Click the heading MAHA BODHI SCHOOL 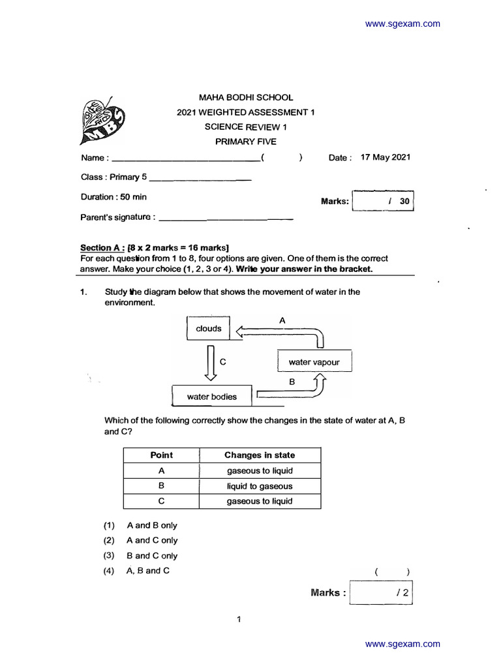click(245, 97)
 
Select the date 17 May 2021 click(385, 157)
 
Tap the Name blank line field click(185, 159)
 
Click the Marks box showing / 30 click(383, 202)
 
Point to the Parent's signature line click(226, 218)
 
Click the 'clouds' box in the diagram click(209, 329)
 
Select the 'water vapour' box click(314, 362)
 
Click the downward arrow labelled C click(211, 363)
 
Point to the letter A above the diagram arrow click(282, 320)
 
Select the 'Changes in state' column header click(260, 455)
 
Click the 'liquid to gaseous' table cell click(260, 486)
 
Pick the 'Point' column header click(162, 455)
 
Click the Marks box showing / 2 click(382, 593)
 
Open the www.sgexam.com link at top click(402, 24)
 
